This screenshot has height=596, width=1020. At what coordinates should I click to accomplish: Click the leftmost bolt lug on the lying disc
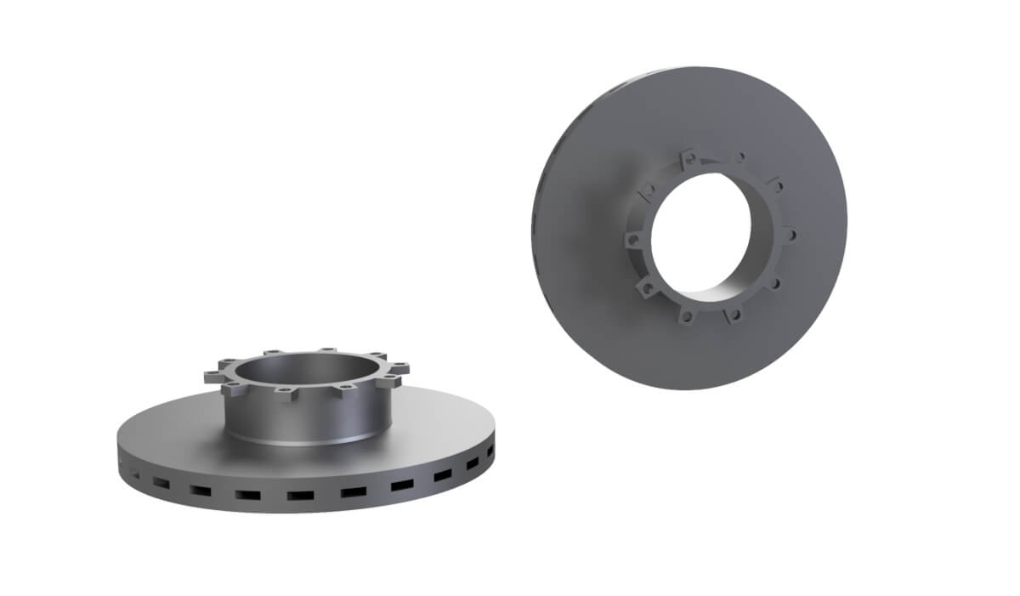pyautogui.click(x=210, y=375)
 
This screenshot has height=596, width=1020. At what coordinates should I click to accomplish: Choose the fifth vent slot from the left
pyautogui.click(x=299, y=495)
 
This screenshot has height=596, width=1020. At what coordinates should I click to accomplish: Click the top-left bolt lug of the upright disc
pyautogui.click(x=649, y=192)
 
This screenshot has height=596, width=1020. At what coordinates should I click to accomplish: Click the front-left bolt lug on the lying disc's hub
pyautogui.click(x=232, y=389)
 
